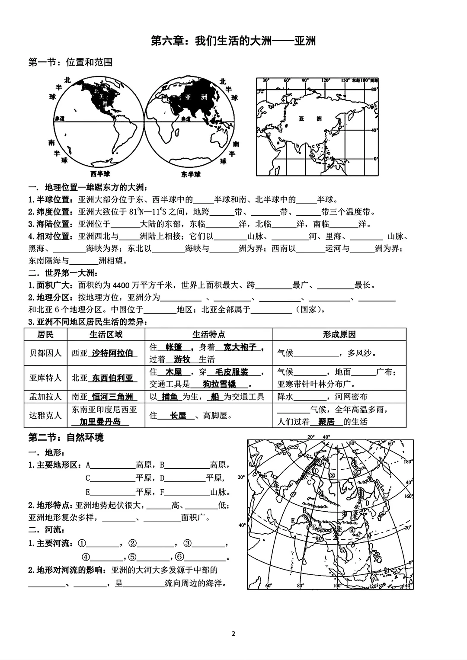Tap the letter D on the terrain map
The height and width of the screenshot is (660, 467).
coord(367,503)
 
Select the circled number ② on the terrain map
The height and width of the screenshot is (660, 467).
coord(332,475)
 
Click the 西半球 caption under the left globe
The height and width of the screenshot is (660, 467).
coord(100,174)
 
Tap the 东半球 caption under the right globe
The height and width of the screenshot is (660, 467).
coord(190,174)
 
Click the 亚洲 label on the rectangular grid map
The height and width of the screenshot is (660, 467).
coord(310,119)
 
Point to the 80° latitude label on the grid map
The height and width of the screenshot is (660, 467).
coord(374,89)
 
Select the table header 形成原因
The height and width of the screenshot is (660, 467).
coord(339,334)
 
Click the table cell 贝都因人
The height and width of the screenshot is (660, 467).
coord(45,353)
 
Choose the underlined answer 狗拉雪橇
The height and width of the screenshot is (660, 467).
coord(220,384)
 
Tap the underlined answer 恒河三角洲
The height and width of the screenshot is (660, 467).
coord(112,397)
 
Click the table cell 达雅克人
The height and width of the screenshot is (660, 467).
coord(45,415)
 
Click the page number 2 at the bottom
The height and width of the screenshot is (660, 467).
coord(233,634)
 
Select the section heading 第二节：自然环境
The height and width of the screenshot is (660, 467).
coord(66,437)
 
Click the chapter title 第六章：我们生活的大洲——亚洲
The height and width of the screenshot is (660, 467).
coord(233,41)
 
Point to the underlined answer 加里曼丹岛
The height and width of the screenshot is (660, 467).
coord(100,422)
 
